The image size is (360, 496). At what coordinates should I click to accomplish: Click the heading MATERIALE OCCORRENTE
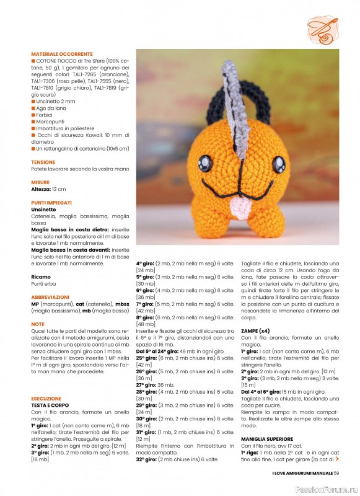62,54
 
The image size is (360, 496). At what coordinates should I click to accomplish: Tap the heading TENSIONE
43,162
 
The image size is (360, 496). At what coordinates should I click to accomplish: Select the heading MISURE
41,182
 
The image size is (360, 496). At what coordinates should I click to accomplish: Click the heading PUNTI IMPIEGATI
51,203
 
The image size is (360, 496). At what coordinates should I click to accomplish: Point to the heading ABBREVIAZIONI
50,297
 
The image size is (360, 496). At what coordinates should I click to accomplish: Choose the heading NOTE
38,324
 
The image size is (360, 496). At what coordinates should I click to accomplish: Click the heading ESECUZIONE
46,399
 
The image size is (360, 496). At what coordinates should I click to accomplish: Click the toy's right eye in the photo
278,165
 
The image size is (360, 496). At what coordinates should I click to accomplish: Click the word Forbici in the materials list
44,115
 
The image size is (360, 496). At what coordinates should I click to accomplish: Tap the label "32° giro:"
148,459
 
